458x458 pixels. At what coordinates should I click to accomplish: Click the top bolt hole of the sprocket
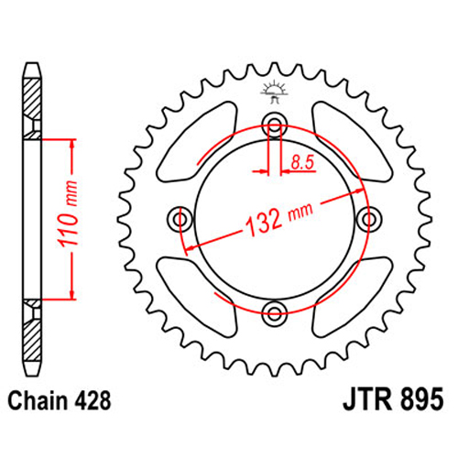point(275,125)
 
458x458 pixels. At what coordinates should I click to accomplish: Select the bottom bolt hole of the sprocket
point(275,312)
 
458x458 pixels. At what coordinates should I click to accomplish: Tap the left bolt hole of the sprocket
point(180,219)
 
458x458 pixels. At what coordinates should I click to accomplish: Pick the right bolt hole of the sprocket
point(369,219)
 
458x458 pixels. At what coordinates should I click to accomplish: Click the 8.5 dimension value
point(302,162)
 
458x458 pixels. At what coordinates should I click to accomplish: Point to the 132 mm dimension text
point(279,219)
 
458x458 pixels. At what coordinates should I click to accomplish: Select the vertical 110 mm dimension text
point(67,214)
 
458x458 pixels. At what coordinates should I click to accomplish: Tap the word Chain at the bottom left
point(38,401)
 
